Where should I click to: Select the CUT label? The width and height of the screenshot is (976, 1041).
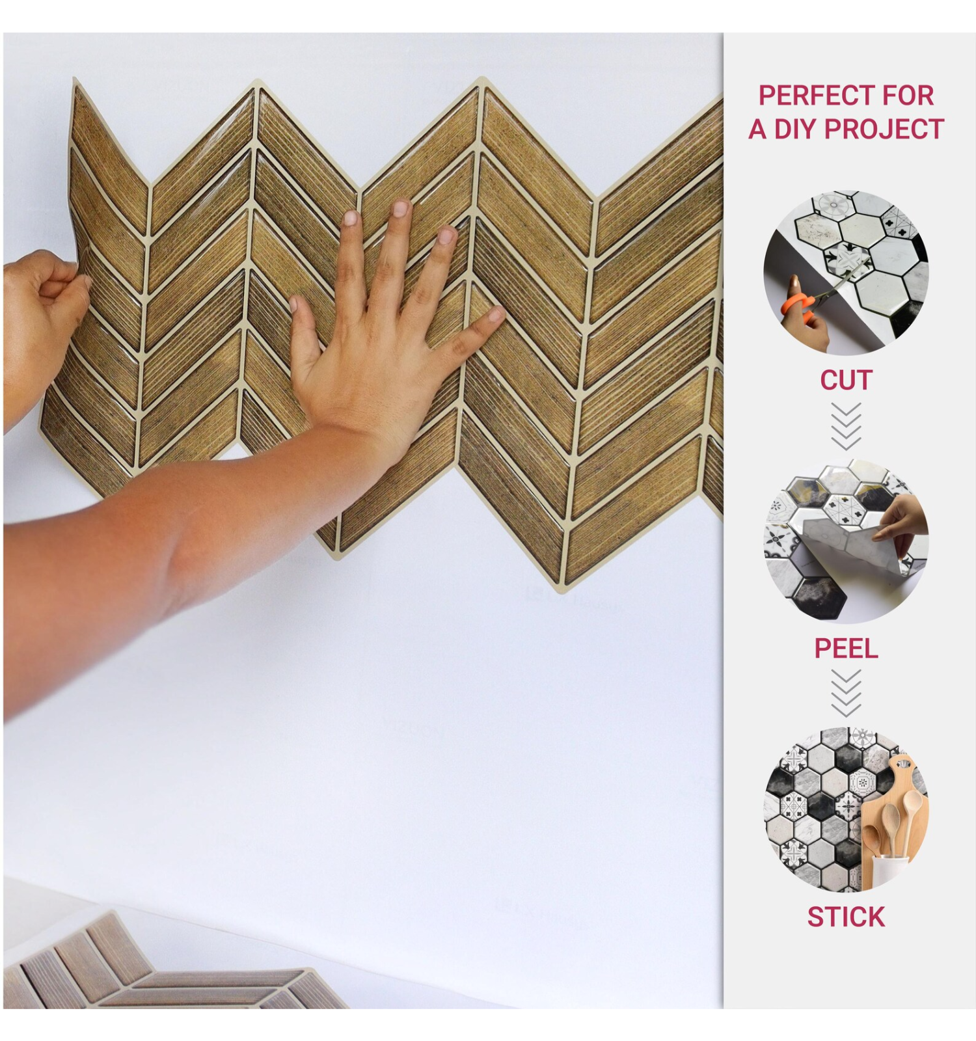coord(846,380)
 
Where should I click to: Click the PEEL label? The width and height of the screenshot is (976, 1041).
coord(846,648)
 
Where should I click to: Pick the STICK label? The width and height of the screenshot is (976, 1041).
coord(846,917)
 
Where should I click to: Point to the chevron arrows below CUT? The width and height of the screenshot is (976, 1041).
coord(846,426)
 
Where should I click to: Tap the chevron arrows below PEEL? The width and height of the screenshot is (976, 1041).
coord(846,694)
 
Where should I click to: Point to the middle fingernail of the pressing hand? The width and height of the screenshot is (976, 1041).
coord(401,208)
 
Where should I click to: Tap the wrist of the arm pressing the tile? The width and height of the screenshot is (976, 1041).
coord(355,433)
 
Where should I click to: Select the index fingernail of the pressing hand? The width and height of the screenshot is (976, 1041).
coord(351,218)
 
